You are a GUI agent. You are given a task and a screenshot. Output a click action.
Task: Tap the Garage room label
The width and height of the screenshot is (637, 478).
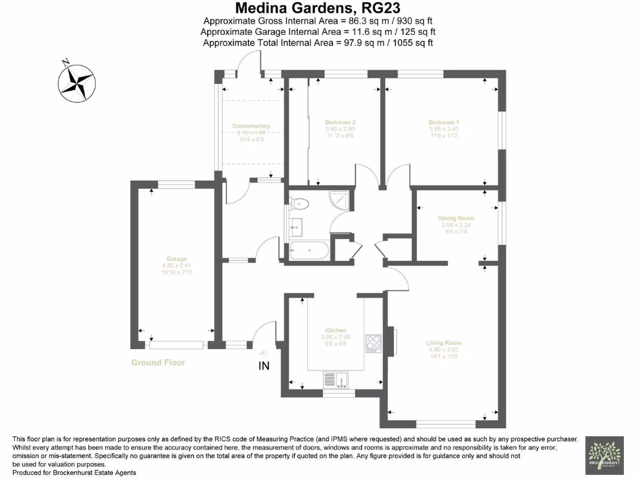point(176,259)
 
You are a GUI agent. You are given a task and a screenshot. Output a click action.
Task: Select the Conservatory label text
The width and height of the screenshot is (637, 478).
point(251,126)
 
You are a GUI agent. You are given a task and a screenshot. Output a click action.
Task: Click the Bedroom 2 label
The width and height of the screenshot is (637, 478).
point(340,122)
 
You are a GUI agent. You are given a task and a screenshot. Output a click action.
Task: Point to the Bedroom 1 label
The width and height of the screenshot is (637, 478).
point(444,122)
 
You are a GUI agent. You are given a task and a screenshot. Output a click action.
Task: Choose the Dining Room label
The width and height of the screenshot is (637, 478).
point(456,218)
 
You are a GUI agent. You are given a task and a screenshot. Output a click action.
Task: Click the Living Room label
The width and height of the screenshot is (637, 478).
point(444,343)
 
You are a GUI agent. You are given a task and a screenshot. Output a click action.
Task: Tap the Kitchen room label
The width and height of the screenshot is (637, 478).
point(335,330)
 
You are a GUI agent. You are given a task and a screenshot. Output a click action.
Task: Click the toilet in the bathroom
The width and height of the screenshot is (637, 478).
point(299,202)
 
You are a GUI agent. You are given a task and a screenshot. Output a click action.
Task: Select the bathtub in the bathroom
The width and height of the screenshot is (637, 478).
point(309,251)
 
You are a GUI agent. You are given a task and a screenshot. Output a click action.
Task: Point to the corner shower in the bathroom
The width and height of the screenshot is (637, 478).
point(339,199)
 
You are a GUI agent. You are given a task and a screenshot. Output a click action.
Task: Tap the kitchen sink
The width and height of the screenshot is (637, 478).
point(336,378)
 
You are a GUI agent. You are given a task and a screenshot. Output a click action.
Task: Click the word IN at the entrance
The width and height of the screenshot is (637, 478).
point(264,366)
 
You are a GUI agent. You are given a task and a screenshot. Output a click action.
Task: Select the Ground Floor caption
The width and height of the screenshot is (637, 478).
point(158,362)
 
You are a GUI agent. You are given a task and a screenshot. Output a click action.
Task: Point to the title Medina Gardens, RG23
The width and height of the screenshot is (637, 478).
point(318,8)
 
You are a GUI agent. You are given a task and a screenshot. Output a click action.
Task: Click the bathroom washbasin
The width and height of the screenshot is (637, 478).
point(295,227)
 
